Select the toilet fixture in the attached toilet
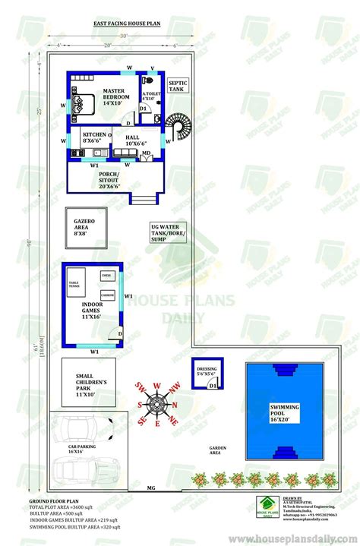coord(152,79)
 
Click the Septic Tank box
coord(177,85)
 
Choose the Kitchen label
coord(92,138)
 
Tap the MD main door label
coord(145,153)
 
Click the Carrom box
coord(107,294)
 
